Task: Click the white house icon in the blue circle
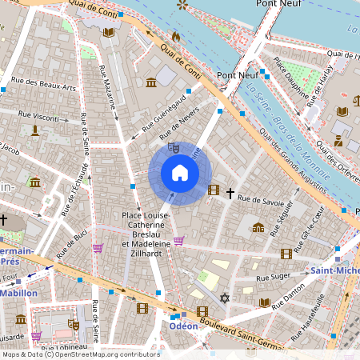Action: (180, 173)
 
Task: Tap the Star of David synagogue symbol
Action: (224, 298)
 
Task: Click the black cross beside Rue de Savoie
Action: (230, 193)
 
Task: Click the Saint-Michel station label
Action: (336, 270)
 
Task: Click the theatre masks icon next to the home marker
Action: (172, 148)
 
